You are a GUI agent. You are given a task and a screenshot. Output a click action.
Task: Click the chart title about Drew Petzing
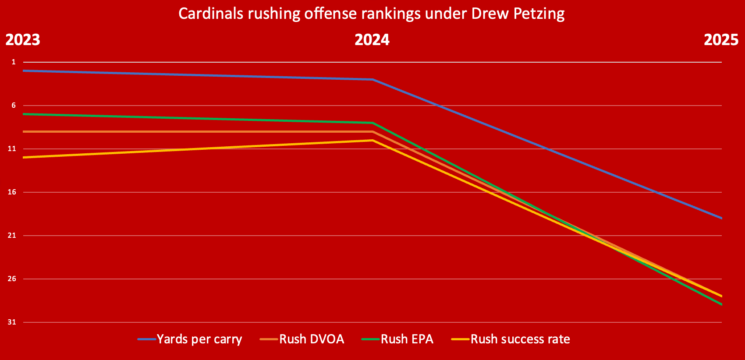371,14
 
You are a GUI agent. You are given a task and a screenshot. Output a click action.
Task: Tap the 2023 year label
23,40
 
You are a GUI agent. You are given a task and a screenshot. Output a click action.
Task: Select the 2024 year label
372,40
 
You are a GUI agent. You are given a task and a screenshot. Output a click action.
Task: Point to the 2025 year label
721,40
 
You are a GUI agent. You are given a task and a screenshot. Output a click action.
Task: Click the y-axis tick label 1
14,62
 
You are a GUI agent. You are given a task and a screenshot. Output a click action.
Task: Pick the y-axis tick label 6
14,106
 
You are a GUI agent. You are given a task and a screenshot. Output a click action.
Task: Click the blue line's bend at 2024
372,80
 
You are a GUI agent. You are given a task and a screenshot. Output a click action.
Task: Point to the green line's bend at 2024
372,123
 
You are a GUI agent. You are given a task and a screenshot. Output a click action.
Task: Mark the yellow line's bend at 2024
372,140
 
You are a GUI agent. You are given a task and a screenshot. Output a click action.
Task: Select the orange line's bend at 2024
372,131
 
